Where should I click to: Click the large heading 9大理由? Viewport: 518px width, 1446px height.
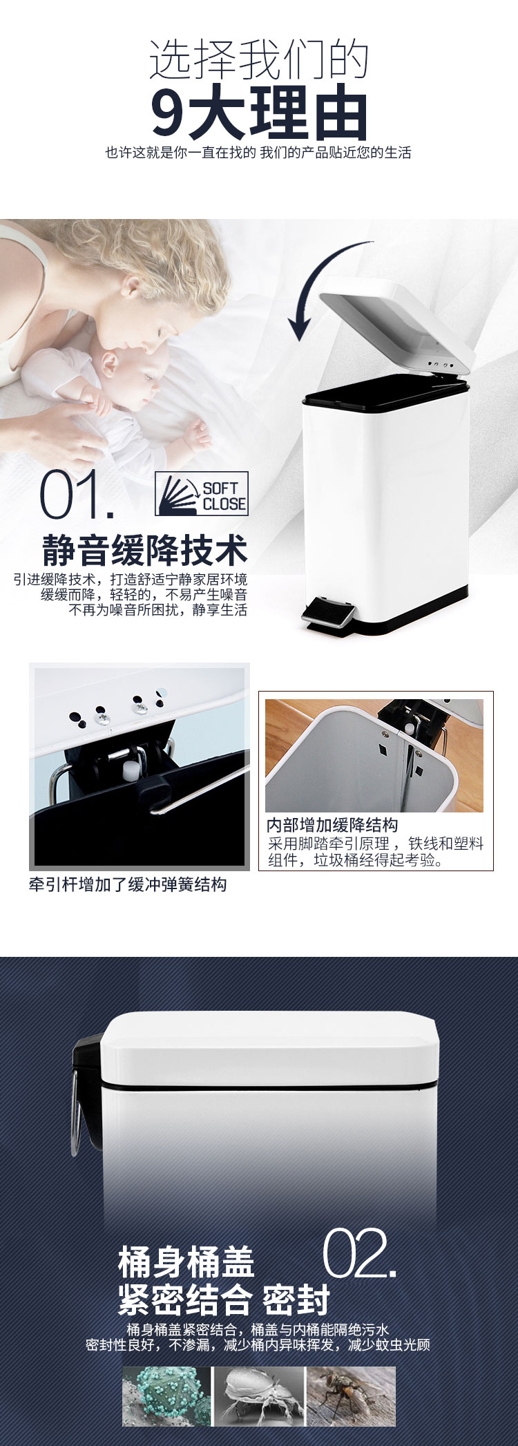pyautogui.click(x=259, y=111)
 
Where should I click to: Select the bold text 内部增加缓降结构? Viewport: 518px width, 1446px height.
pyautogui.click(x=332, y=825)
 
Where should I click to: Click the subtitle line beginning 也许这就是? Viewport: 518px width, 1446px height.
pyautogui.click(x=258, y=153)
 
